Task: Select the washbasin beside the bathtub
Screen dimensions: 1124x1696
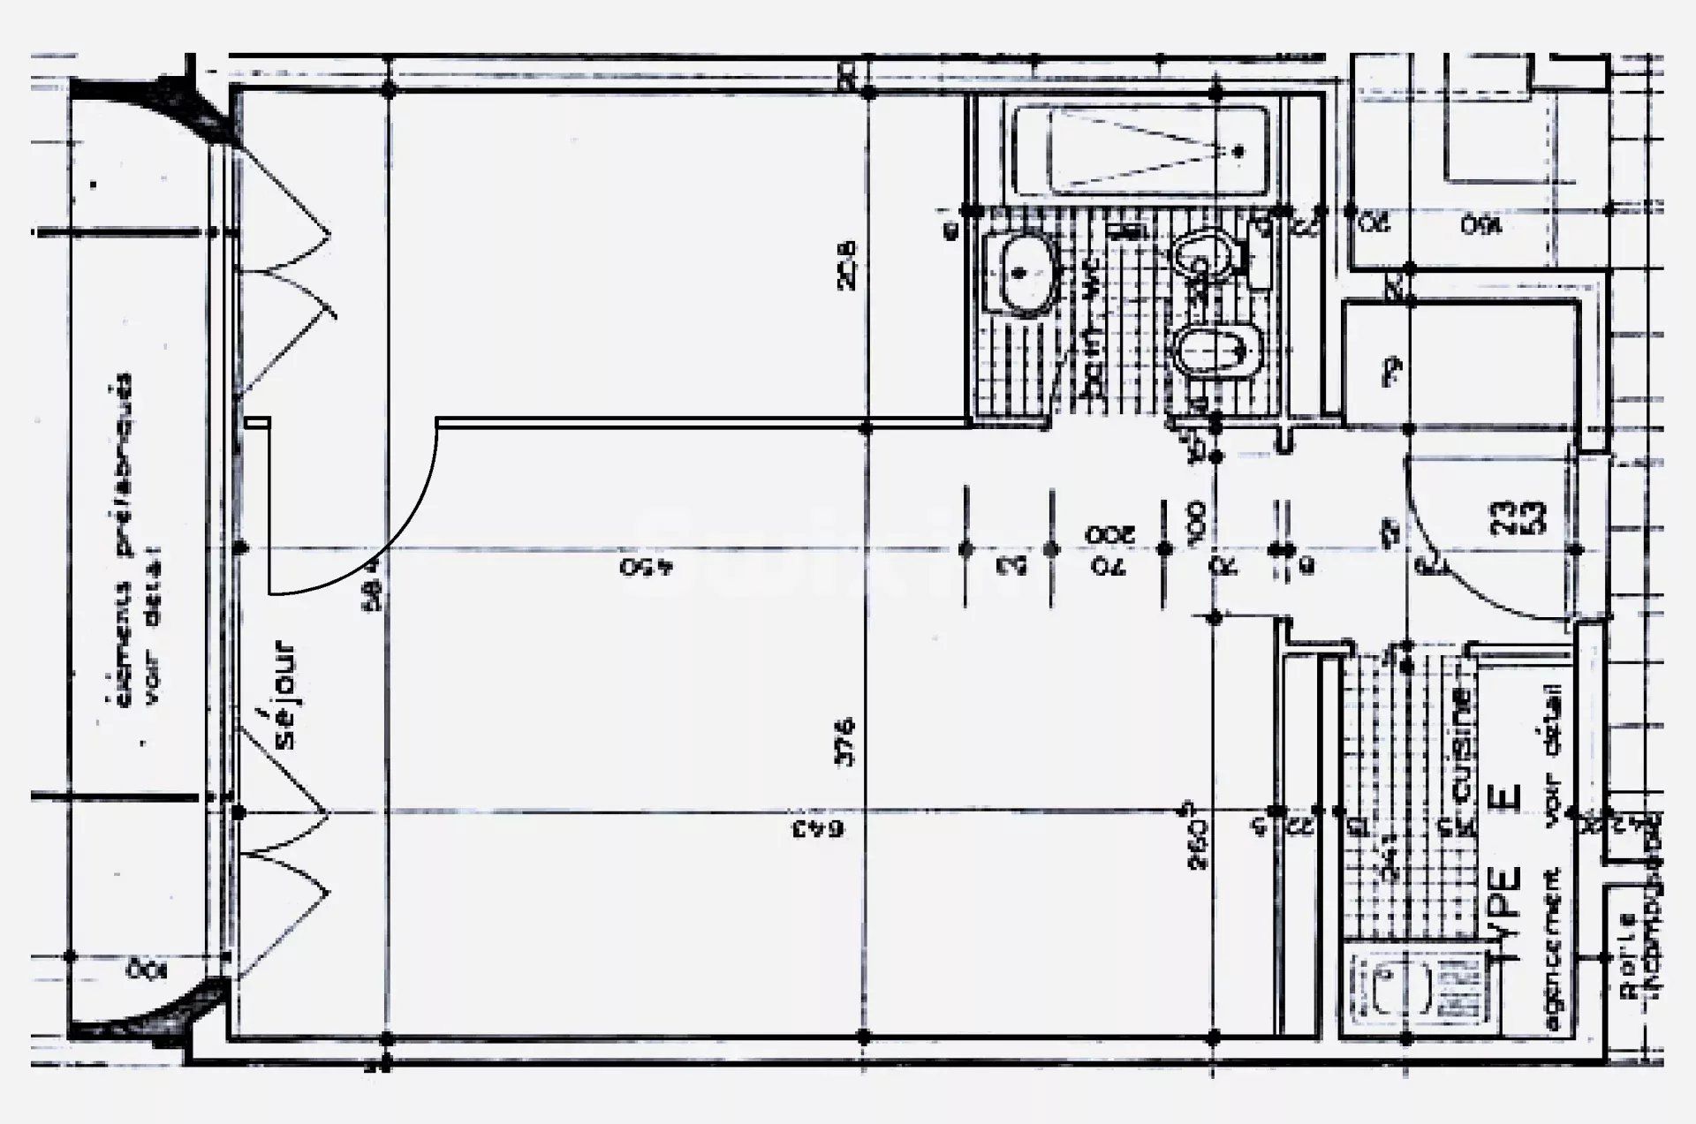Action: pos(1022,273)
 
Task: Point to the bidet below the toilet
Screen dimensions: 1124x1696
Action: pos(1215,353)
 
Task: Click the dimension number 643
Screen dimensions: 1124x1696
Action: pos(817,828)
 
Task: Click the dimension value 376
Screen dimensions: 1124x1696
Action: pos(845,742)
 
